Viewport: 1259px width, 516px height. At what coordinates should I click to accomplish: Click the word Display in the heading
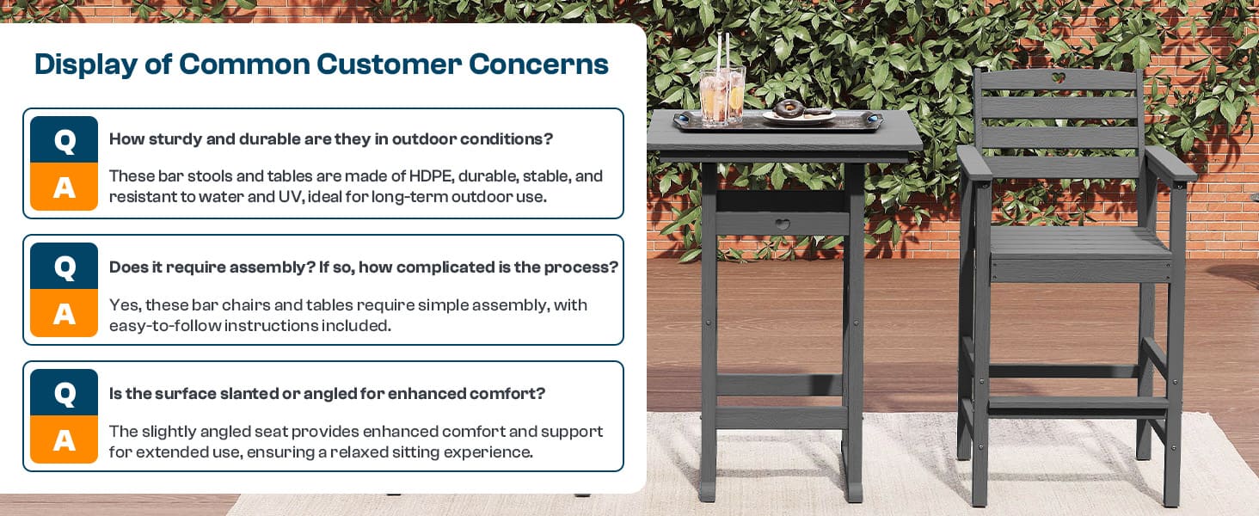[86, 64]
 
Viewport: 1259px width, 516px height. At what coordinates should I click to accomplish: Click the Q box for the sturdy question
[64, 139]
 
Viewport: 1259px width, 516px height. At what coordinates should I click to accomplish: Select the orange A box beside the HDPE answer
[64, 187]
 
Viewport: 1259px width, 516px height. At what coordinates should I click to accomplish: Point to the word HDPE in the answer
[431, 176]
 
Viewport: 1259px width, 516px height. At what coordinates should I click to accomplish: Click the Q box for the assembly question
[64, 266]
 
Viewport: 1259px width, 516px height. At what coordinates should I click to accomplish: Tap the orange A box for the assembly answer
[64, 313]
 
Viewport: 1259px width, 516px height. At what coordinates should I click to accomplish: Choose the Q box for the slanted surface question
[64, 392]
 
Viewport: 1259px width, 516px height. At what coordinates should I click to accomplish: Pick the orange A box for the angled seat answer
[64, 439]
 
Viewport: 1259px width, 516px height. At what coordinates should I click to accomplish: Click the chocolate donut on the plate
[789, 107]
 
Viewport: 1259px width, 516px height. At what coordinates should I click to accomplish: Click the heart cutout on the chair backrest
[1058, 77]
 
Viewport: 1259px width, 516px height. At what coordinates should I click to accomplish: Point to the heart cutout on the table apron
[783, 224]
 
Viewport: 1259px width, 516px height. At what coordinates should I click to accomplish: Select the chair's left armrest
[975, 163]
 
